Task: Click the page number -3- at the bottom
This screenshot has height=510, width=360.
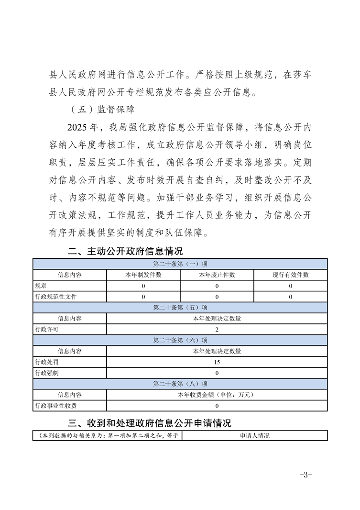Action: pos(305,474)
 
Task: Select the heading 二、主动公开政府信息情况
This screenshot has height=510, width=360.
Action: pos(125,251)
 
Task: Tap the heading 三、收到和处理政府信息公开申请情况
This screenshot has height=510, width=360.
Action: pos(150,423)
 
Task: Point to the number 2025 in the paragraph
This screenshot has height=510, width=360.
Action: pos(79,127)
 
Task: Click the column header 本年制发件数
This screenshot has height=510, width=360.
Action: pos(143,275)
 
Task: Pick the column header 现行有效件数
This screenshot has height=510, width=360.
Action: pos(291,275)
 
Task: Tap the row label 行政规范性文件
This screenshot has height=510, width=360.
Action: pos(55,297)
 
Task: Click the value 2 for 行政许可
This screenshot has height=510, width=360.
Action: pos(217,329)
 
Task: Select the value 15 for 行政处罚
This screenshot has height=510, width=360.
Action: pos(217,362)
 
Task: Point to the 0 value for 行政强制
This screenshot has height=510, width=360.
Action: pos(217,373)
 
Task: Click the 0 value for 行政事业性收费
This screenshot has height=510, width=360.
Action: pos(217,406)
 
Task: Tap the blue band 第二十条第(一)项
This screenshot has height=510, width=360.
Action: pos(180,264)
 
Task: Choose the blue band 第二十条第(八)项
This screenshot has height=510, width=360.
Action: pos(180,384)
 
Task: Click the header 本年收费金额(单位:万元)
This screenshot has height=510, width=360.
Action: pos(217,395)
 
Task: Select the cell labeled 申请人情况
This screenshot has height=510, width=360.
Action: pos(255,436)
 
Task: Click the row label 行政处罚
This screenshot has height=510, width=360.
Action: pos(46,362)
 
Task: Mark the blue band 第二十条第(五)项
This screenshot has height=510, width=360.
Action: pos(180,308)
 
